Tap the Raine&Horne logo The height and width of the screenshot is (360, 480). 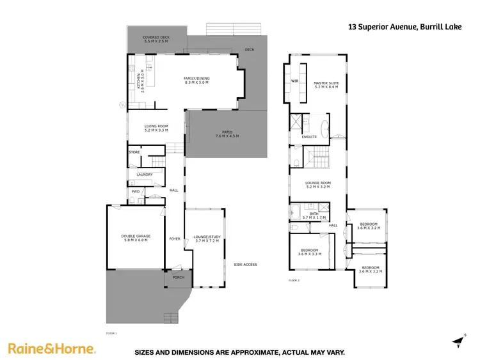tap(52, 348)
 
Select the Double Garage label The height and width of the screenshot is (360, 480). tap(136, 238)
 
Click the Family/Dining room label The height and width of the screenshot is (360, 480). tap(196, 81)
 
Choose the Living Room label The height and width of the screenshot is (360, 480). tap(156, 129)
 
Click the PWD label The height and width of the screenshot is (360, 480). tap(136, 191)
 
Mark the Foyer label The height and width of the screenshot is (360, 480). tap(174, 239)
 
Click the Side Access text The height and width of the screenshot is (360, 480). tap(245, 264)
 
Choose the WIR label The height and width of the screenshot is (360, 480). tap(295, 82)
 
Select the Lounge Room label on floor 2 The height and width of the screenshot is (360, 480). tap(317, 185)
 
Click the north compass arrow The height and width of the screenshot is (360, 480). tap(457, 340)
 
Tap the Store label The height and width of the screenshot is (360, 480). tap(134, 152)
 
